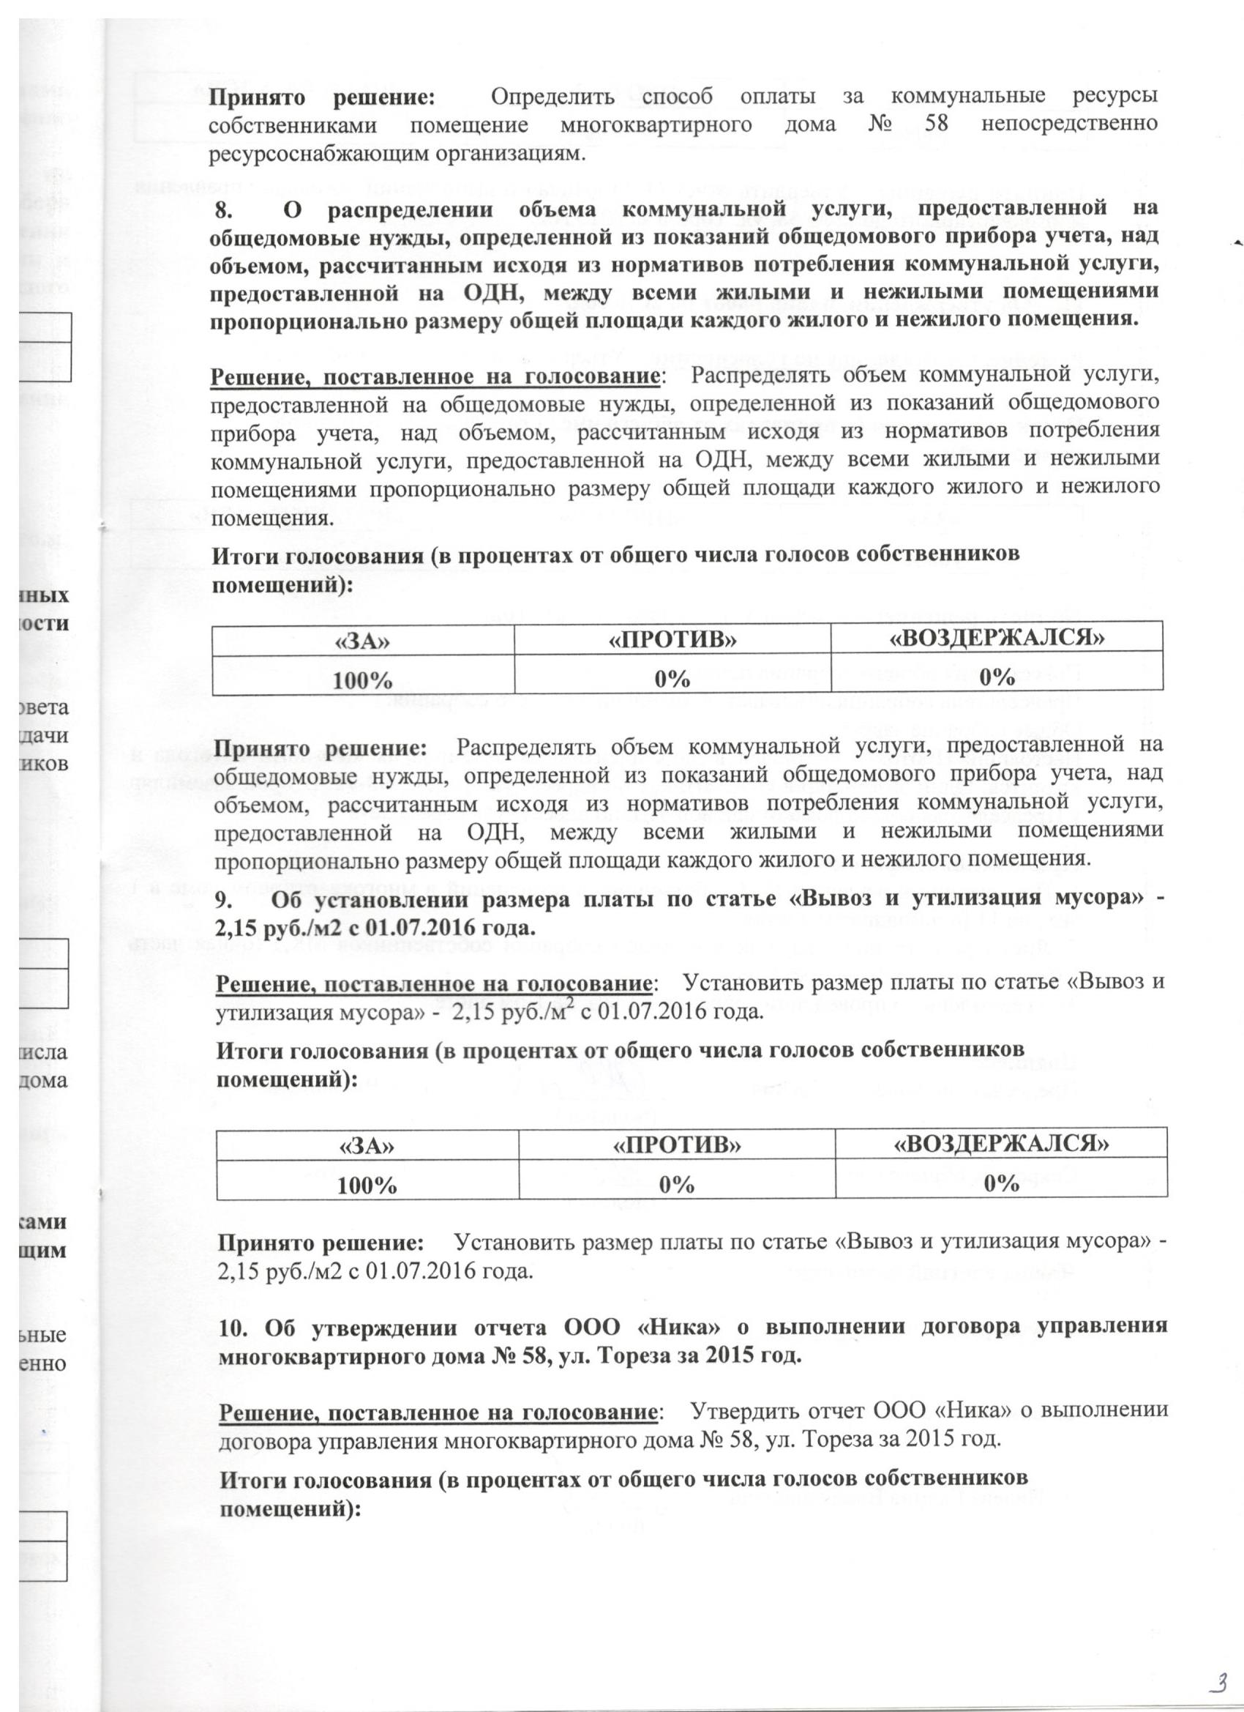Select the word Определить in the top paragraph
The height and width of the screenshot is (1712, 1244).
pyautogui.click(x=552, y=97)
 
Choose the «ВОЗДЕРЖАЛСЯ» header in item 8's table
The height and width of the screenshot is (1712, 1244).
pyautogui.click(x=997, y=638)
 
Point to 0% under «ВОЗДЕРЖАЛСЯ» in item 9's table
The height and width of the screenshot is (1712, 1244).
pyautogui.click(x=1002, y=1183)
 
